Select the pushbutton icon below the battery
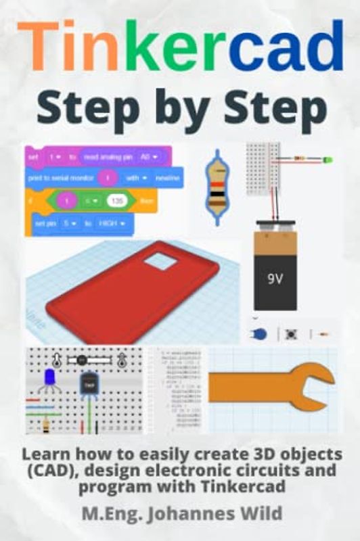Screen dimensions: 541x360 [x=292, y=333]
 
